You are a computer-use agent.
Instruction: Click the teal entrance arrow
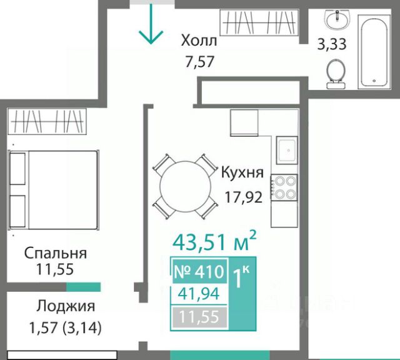(x=151, y=24)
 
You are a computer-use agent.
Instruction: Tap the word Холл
(x=199, y=41)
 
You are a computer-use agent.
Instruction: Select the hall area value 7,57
(x=200, y=61)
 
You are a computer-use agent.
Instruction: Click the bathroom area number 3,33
(x=332, y=44)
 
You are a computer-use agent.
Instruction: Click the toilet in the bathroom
(x=336, y=74)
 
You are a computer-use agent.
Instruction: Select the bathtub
(x=374, y=52)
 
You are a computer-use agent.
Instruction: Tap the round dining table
(x=186, y=186)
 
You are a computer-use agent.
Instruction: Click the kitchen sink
(x=287, y=151)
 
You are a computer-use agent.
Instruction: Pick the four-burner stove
(x=284, y=187)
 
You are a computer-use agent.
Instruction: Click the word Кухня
(x=242, y=172)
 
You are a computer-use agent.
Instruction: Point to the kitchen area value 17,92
(x=243, y=197)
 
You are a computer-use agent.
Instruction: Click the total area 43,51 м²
(x=214, y=241)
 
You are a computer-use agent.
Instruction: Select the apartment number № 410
(x=199, y=271)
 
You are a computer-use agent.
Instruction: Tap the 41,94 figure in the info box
(x=199, y=294)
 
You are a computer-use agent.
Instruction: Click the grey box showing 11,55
(x=199, y=317)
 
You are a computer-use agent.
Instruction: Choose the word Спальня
(x=56, y=253)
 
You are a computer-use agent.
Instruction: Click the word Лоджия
(x=66, y=306)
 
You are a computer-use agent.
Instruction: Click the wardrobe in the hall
(x=259, y=22)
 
